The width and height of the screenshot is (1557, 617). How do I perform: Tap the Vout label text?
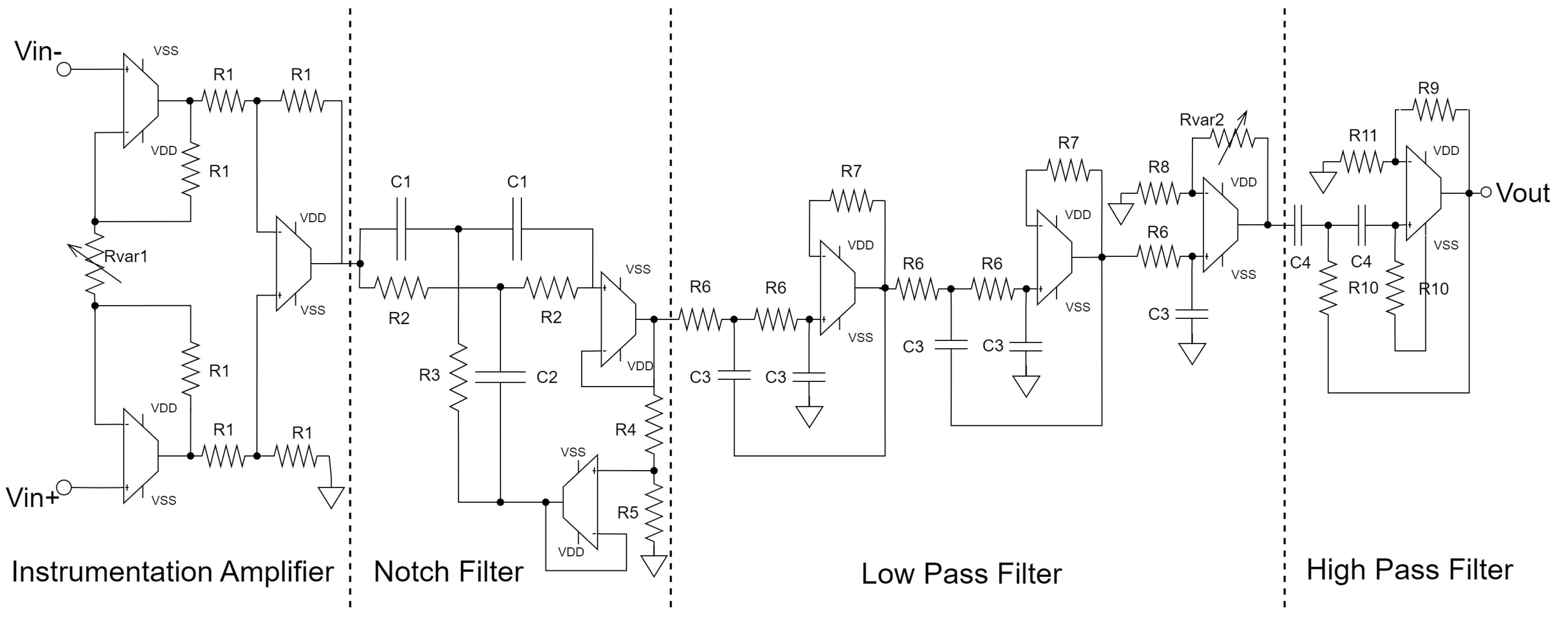[x=1523, y=193]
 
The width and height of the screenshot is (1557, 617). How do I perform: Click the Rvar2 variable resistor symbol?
[x=1230, y=138]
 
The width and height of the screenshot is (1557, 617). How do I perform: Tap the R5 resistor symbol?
[x=654, y=513]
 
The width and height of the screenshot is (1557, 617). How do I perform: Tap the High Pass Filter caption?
[x=1410, y=570]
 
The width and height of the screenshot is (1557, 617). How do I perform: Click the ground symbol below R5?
[x=654, y=566]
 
